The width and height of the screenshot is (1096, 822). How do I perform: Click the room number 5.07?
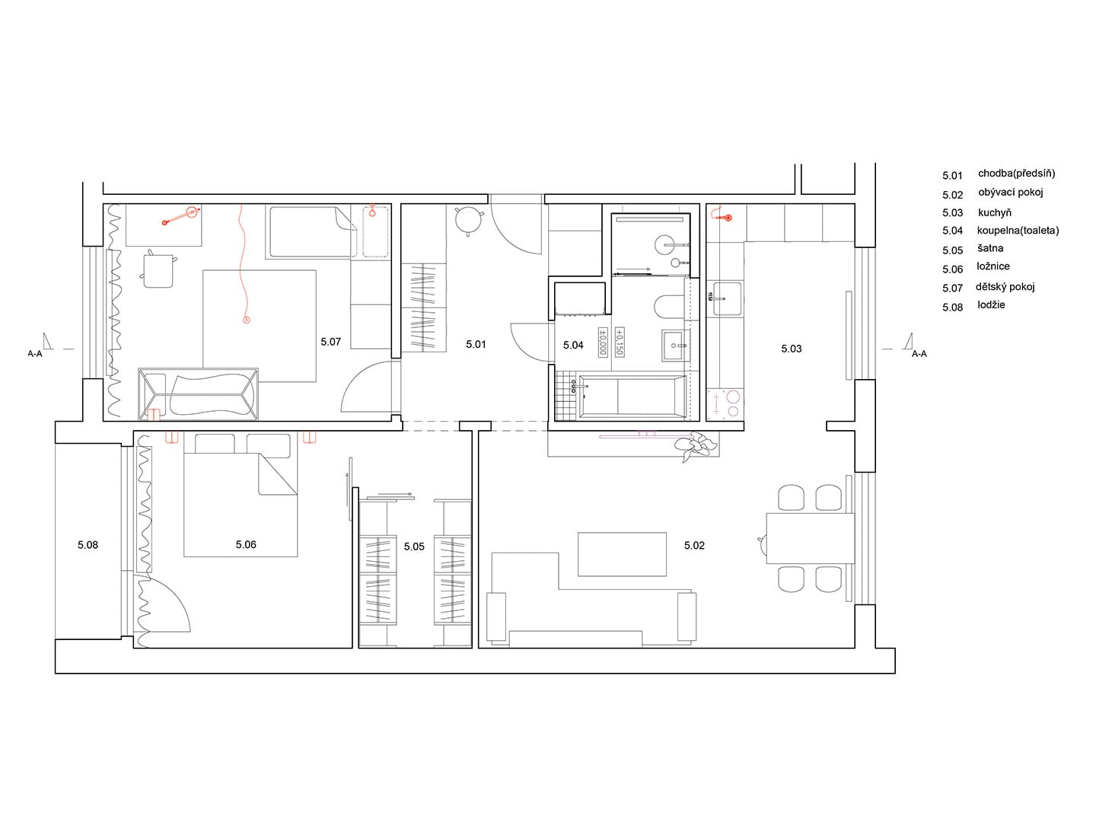pyautogui.click(x=330, y=342)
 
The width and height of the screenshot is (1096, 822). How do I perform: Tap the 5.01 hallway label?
pyautogui.click(x=476, y=344)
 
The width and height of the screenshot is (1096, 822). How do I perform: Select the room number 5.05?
pyautogui.click(x=415, y=546)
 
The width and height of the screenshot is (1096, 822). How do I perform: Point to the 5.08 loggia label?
pyautogui.click(x=88, y=545)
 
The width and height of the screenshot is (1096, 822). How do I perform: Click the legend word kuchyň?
pyautogui.click(x=995, y=212)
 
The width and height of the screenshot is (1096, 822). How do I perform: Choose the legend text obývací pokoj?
pyautogui.click(x=1011, y=193)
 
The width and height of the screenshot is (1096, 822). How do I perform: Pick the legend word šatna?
pyautogui.click(x=991, y=248)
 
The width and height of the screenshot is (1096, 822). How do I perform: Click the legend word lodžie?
pyautogui.click(x=991, y=304)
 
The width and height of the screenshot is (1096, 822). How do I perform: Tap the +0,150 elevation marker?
pyautogui.click(x=619, y=342)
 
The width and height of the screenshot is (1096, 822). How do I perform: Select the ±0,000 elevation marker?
pyautogui.click(x=603, y=342)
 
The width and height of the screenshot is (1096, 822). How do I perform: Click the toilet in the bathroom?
pyautogui.click(x=670, y=307)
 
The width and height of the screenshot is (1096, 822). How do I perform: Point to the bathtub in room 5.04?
pyautogui.click(x=632, y=397)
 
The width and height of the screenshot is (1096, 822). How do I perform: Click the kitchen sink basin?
pyautogui.click(x=727, y=298)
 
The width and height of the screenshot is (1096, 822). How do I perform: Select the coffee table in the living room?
pyautogui.click(x=622, y=554)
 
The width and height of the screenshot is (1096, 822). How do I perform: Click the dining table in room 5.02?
pyautogui.click(x=810, y=538)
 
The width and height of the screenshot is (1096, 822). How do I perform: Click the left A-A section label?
pyautogui.click(x=35, y=354)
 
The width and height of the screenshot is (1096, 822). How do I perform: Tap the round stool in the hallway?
pyautogui.click(x=468, y=221)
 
